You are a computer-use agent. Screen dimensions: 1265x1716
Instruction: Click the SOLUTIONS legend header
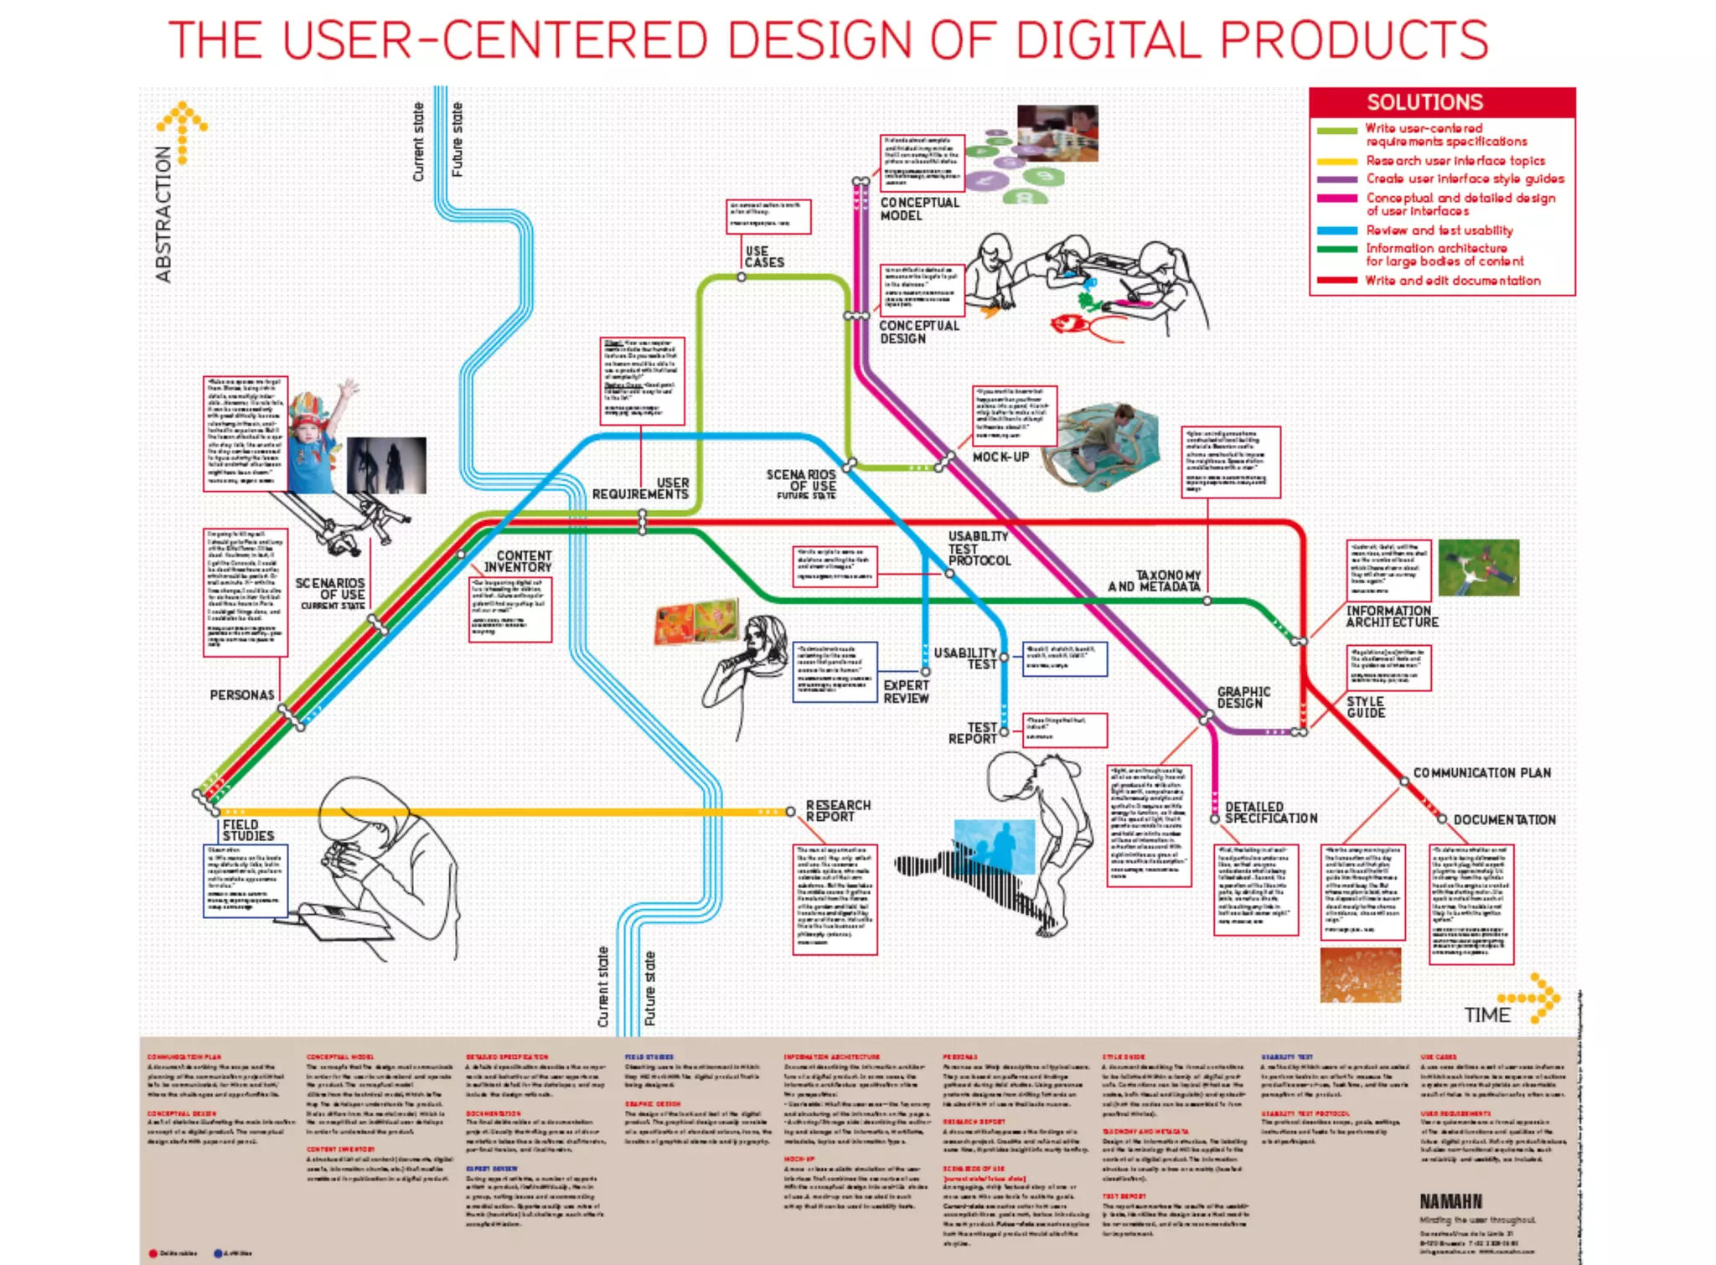pyautogui.click(x=1424, y=102)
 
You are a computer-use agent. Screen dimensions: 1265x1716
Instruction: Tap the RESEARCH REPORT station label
pyautogui.click(x=837, y=811)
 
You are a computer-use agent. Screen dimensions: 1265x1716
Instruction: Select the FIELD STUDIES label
pyautogui.click(x=248, y=830)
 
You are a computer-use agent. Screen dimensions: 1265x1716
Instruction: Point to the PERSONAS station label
pyautogui.click(x=241, y=694)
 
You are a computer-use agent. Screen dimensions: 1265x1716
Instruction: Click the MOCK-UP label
pyautogui.click(x=1000, y=457)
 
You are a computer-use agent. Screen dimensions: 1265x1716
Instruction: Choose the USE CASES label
pyautogui.click(x=764, y=256)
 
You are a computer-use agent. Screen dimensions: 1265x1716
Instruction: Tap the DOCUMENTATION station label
pyautogui.click(x=1504, y=819)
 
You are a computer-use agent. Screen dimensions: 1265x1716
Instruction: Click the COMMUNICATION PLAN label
pyautogui.click(x=1481, y=772)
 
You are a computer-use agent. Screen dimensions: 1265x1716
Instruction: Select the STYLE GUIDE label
pyautogui.click(x=1366, y=707)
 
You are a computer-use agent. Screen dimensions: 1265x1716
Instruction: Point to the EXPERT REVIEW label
pyautogui.click(x=906, y=691)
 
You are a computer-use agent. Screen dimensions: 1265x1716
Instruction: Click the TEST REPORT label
pyautogui.click(x=973, y=733)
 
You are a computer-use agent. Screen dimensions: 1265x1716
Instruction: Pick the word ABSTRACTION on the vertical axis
pyautogui.click(x=163, y=214)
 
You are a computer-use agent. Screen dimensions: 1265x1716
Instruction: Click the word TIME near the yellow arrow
pyautogui.click(x=1486, y=1015)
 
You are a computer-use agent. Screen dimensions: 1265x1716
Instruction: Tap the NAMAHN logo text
pyautogui.click(x=1450, y=1201)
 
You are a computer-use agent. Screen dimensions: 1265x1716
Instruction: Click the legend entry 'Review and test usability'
pyautogui.click(x=1439, y=230)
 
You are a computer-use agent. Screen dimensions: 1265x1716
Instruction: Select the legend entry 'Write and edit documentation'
pyautogui.click(x=1452, y=281)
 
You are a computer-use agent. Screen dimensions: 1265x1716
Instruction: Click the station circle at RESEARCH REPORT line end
pyautogui.click(x=790, y=811)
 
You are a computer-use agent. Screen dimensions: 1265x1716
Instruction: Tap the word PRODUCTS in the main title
pyautogui.click(x=1353, y=39)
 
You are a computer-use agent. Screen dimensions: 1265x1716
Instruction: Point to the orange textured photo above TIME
pyautogui.click(x=1360, y=975)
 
